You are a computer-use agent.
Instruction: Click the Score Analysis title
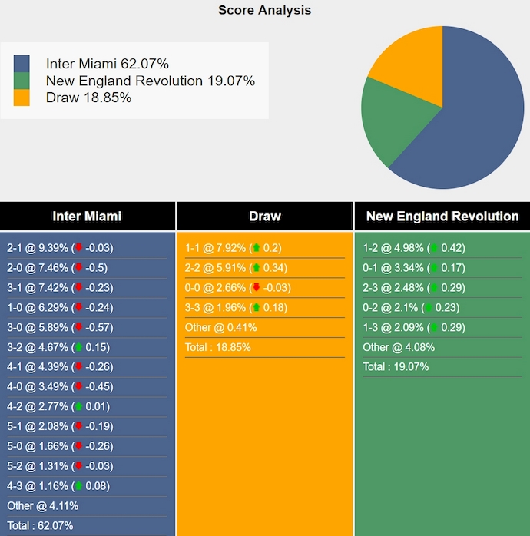click(x=264, y=10)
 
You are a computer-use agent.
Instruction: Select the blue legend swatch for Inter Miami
click(x=22, y=64)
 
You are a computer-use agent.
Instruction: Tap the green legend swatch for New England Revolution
click(x=22, y=81)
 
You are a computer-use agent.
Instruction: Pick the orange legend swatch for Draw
click(x=22, y=98)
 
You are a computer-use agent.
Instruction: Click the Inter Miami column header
click(x=87, y=217)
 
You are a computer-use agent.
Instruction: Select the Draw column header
click(x=264, y=217)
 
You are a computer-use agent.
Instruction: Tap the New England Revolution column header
click(x=442, y=217)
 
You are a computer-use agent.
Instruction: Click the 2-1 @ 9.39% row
click(x=60, y=248)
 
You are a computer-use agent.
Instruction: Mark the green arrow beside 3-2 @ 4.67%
click(x=78, y=347)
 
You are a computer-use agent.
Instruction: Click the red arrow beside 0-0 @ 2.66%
click(x=256, y=288)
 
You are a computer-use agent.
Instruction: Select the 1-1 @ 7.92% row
click(x=233, y=248)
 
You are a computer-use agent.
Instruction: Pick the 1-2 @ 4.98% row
click(x=413, y=248)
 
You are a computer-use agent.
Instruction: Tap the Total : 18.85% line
click(x=217, y=347)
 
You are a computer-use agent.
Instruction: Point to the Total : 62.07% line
click(x=40, y=525)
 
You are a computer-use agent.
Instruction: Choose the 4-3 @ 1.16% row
click(x=58, y=485)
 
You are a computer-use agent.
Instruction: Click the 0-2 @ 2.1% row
click(x=411, y=307)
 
